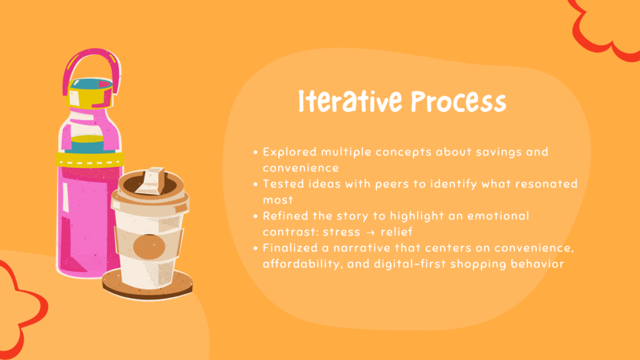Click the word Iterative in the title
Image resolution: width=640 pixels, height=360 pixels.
click(x=350, y=101)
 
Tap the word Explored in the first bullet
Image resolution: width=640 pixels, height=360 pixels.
click(x=290, y=152)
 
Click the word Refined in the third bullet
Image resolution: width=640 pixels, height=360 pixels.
click(x=285, y=216)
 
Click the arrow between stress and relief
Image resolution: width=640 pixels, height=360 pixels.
click(x=370, y=232)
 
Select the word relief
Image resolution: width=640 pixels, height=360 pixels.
click(x=396, y=232)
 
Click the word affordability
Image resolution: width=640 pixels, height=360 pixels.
click(x=302, y=264)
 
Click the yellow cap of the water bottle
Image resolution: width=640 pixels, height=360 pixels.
click(x=90, y=94)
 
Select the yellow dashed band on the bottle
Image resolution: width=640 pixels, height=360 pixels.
click(x=90, y=159)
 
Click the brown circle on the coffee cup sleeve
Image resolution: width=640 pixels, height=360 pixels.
click(x=149, y=247)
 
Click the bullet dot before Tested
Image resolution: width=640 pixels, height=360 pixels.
click(x=256, y=184)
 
